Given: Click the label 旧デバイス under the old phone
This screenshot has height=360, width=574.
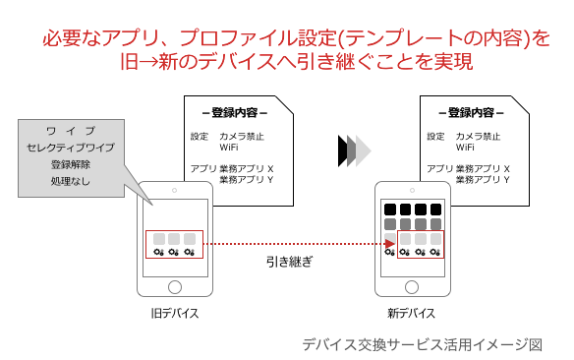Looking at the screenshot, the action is coord(175,314).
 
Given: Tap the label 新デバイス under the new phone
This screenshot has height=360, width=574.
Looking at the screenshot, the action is coord(412,314).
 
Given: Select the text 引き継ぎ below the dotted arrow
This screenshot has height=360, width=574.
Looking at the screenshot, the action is coord(290,262).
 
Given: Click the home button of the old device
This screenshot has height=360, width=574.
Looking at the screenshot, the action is coord(175,287).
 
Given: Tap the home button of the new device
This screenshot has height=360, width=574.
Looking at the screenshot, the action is coord(412,287).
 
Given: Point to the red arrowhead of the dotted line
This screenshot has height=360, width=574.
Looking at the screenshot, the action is coord(390,244).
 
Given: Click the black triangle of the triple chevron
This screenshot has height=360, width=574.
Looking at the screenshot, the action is coord(342,150).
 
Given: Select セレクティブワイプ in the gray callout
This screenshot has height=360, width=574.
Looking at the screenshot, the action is coord(71,148).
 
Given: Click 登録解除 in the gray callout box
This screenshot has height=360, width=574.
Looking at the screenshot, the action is coord(71,164).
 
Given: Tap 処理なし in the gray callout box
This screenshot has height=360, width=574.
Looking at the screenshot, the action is coord(71,181).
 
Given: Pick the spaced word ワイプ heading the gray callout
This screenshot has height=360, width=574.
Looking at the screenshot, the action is coord(71,131).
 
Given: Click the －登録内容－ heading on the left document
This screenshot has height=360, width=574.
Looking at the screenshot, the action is coord(235,112).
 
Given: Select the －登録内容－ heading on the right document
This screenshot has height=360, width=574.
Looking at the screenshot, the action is coord(471,112).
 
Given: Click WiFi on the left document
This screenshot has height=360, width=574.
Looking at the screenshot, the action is coord(229,148).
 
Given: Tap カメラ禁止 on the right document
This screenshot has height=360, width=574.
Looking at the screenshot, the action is coord(478,137).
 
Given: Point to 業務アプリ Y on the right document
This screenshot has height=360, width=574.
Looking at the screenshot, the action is coord(483,179).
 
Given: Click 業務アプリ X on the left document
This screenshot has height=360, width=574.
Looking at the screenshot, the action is coord(247,168).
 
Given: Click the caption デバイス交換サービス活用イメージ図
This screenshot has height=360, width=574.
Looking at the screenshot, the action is coord(422,344).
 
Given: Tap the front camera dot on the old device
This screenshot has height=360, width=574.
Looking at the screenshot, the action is coord(174,191).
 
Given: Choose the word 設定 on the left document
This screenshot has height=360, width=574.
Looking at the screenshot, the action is coord(200,137).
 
